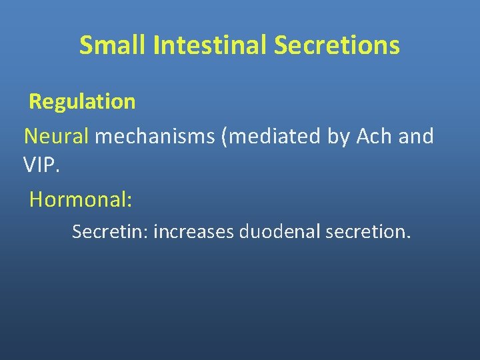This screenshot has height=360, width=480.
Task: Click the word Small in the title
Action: click(113, 45)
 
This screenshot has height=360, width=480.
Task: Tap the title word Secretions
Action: click(337, 45)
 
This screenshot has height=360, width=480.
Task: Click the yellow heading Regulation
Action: click(82, 102)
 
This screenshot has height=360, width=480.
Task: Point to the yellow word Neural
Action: click(57, 137)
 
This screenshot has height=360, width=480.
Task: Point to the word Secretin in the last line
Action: click(109, 232)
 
